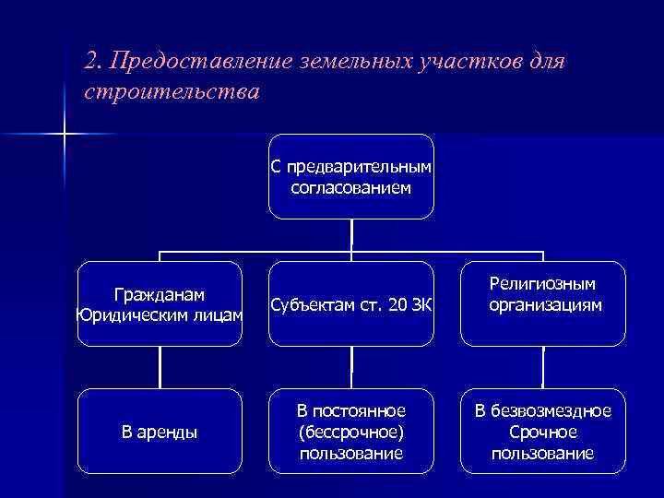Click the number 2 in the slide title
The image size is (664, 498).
(89, 61)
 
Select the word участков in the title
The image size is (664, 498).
(478, 61)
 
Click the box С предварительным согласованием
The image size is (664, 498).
(350, 177)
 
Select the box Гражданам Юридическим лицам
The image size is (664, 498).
(160, 304)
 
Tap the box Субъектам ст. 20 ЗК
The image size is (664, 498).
(350, 305)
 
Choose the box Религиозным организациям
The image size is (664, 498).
(542, 294)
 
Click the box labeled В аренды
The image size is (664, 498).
(160, 431)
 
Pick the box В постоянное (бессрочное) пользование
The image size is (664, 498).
(350, 431)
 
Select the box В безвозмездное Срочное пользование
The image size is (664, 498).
(542, 431)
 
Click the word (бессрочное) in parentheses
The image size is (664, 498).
(351, 431)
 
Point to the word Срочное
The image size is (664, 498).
(542, 431)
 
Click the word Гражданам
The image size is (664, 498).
(160, 294)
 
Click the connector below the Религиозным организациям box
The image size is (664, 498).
(543, 367)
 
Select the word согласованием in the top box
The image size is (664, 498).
(351, 187)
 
